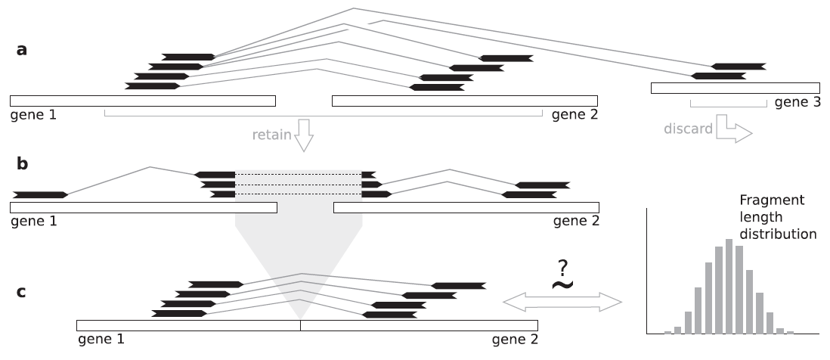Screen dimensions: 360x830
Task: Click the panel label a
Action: tap(22, 51)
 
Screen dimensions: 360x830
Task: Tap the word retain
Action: tap(271, 135)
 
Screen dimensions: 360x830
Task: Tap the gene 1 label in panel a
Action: tap(33, 115)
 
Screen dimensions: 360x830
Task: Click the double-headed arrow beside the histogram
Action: tap(562, 303)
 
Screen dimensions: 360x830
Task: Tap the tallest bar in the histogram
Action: tap(729, 287)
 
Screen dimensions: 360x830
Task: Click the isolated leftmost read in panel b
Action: tap(41, 195)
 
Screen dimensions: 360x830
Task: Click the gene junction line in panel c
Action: tap(301, 326)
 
